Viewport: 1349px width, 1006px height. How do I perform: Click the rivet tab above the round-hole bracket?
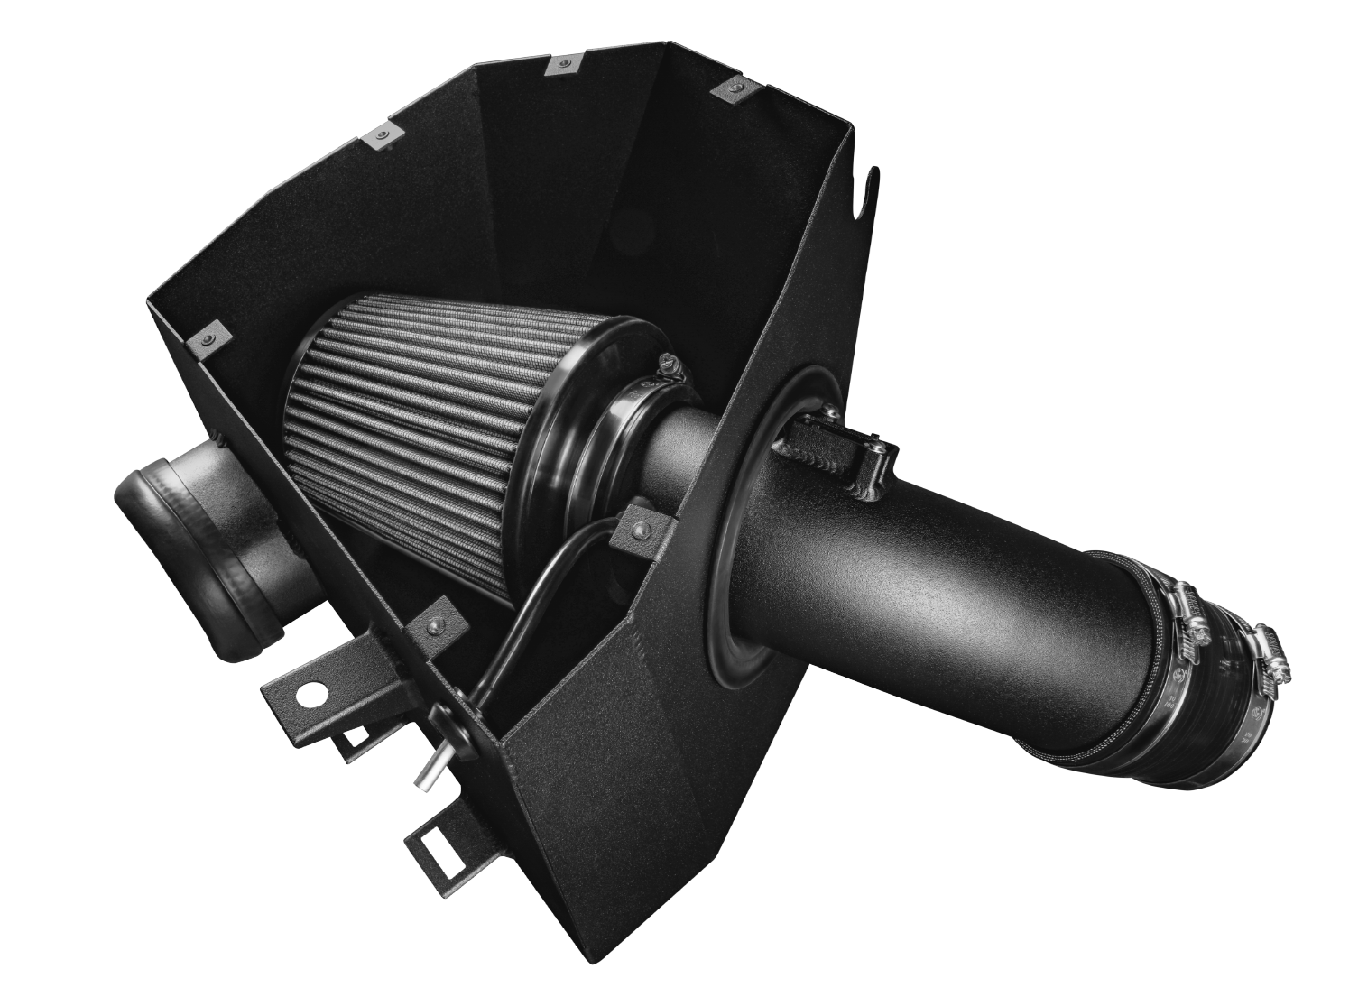(x=434, y=626)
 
